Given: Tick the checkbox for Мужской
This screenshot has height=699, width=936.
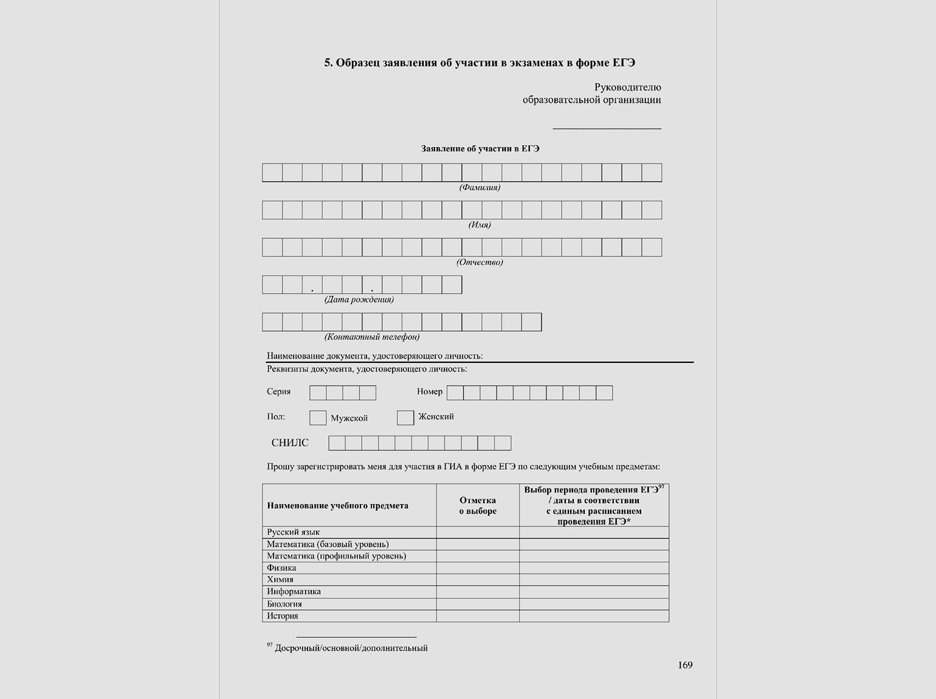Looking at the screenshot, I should [318, 418].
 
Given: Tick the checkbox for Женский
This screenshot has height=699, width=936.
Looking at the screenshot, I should [405, 418].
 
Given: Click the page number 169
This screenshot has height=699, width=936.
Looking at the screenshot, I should [685, 665].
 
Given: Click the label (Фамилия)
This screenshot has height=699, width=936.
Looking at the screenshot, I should [480, 188].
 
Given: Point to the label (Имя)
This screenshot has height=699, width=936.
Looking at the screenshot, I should [480, 225].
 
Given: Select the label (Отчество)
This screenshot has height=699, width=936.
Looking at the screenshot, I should [480, 263].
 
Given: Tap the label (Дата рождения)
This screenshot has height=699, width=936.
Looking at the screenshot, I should [359, 300].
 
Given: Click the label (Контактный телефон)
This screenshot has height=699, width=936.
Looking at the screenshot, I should [372, 337].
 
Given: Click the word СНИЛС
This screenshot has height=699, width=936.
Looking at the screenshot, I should [290, 443].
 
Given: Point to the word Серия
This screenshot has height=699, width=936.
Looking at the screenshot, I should [278, 392].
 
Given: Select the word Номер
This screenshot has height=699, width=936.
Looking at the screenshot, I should [430, 392].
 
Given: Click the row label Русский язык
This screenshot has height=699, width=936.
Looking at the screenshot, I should [293, 532].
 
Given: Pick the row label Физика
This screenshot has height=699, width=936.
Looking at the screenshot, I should [281, 568].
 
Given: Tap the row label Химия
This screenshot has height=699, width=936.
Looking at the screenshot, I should [280, 580].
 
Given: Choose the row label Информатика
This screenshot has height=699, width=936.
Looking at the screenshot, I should [294, 591].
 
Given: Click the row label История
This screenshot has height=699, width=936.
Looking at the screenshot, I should [283, 616].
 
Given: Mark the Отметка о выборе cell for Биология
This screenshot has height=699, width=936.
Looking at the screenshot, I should [478, 604].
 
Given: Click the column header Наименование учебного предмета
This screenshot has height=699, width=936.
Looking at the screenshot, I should [337, 506].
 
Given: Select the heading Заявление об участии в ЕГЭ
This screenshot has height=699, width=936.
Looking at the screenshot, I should [480, 149].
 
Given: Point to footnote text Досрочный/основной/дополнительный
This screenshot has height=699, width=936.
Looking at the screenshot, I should [351, 649].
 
